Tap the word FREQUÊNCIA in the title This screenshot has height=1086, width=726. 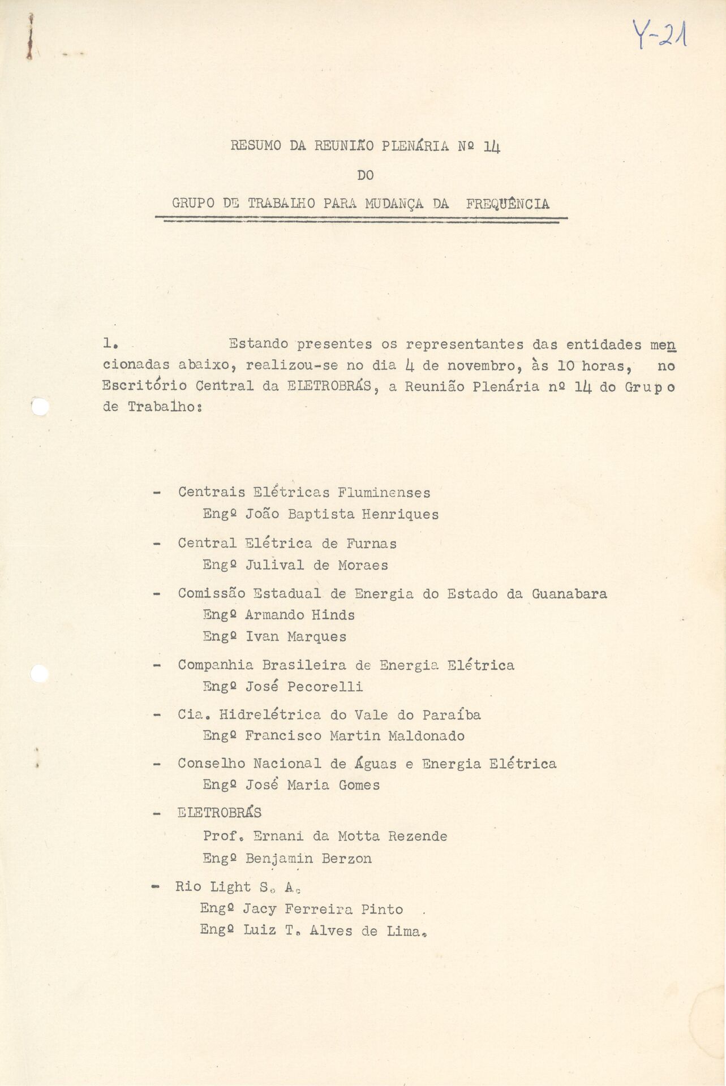508,204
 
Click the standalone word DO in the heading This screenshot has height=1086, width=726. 366,175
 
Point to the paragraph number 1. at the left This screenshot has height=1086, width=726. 110,343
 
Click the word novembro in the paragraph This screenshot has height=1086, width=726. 480,365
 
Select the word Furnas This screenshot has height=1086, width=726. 371,544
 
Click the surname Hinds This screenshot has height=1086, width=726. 333,615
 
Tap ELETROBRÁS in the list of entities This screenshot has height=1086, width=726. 220,813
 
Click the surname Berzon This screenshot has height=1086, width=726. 346,859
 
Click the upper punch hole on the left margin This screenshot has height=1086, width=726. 40,407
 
